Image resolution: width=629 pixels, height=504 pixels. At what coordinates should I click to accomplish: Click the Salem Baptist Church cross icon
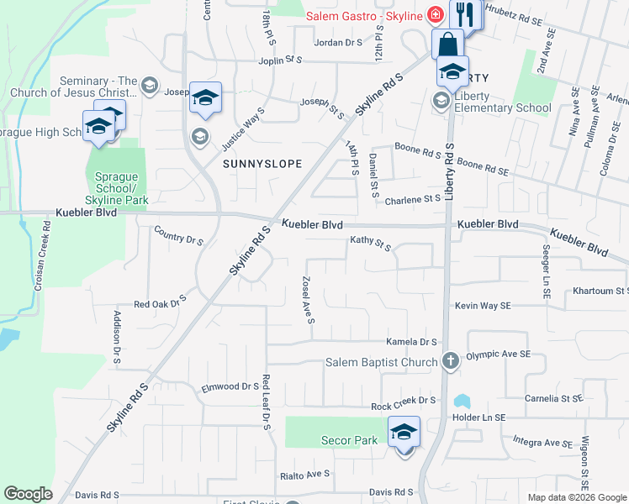(450, 362)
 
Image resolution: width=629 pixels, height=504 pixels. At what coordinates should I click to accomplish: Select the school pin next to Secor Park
(404, 433)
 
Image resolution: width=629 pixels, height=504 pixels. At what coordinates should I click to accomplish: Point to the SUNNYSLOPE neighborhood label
(262, 165)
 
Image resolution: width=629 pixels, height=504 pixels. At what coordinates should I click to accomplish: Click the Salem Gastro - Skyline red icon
(435, 13)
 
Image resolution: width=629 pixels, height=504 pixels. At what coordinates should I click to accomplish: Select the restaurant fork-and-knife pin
(464, 14)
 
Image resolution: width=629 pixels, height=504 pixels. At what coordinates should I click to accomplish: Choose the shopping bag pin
(448, 45)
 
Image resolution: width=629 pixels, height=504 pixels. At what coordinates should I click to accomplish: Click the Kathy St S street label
(371, 244)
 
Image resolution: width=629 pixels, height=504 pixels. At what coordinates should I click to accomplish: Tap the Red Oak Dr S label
(159, 302)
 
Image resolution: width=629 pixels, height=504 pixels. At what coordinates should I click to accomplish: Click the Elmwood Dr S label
(230, 386)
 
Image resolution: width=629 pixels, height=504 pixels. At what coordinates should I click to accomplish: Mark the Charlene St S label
(413, 200)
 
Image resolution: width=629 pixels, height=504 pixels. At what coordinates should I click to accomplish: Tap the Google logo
(28, 494)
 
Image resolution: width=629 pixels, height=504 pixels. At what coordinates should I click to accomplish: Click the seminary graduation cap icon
(149, 85)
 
